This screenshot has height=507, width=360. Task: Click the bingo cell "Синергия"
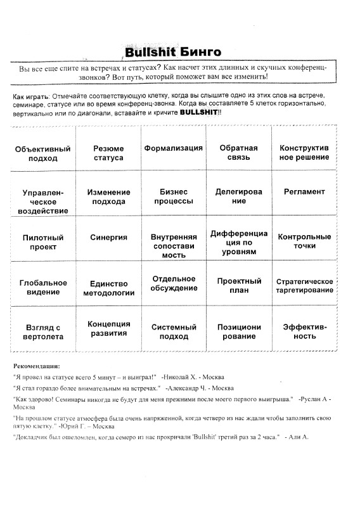(108, 237)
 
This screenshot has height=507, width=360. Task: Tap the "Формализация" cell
(173, 148)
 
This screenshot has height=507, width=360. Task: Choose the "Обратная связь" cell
(238, 152)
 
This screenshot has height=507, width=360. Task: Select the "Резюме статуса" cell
(108, 152)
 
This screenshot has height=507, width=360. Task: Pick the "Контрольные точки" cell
(304, 241)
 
